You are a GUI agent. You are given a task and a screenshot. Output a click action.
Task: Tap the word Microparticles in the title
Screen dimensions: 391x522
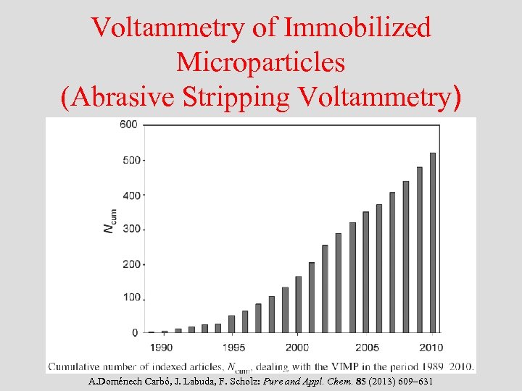click(260, 62)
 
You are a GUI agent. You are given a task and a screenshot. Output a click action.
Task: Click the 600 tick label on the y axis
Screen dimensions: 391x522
click(128, 125)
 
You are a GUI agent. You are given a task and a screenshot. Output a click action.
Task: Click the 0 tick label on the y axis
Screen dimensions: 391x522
click(134, 332)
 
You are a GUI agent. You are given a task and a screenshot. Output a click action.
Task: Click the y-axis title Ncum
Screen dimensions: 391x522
click(109, 220)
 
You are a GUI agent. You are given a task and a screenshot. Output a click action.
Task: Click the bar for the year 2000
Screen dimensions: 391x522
click(298, 304)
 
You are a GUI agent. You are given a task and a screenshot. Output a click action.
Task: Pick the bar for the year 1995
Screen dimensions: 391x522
click(231, 324)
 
